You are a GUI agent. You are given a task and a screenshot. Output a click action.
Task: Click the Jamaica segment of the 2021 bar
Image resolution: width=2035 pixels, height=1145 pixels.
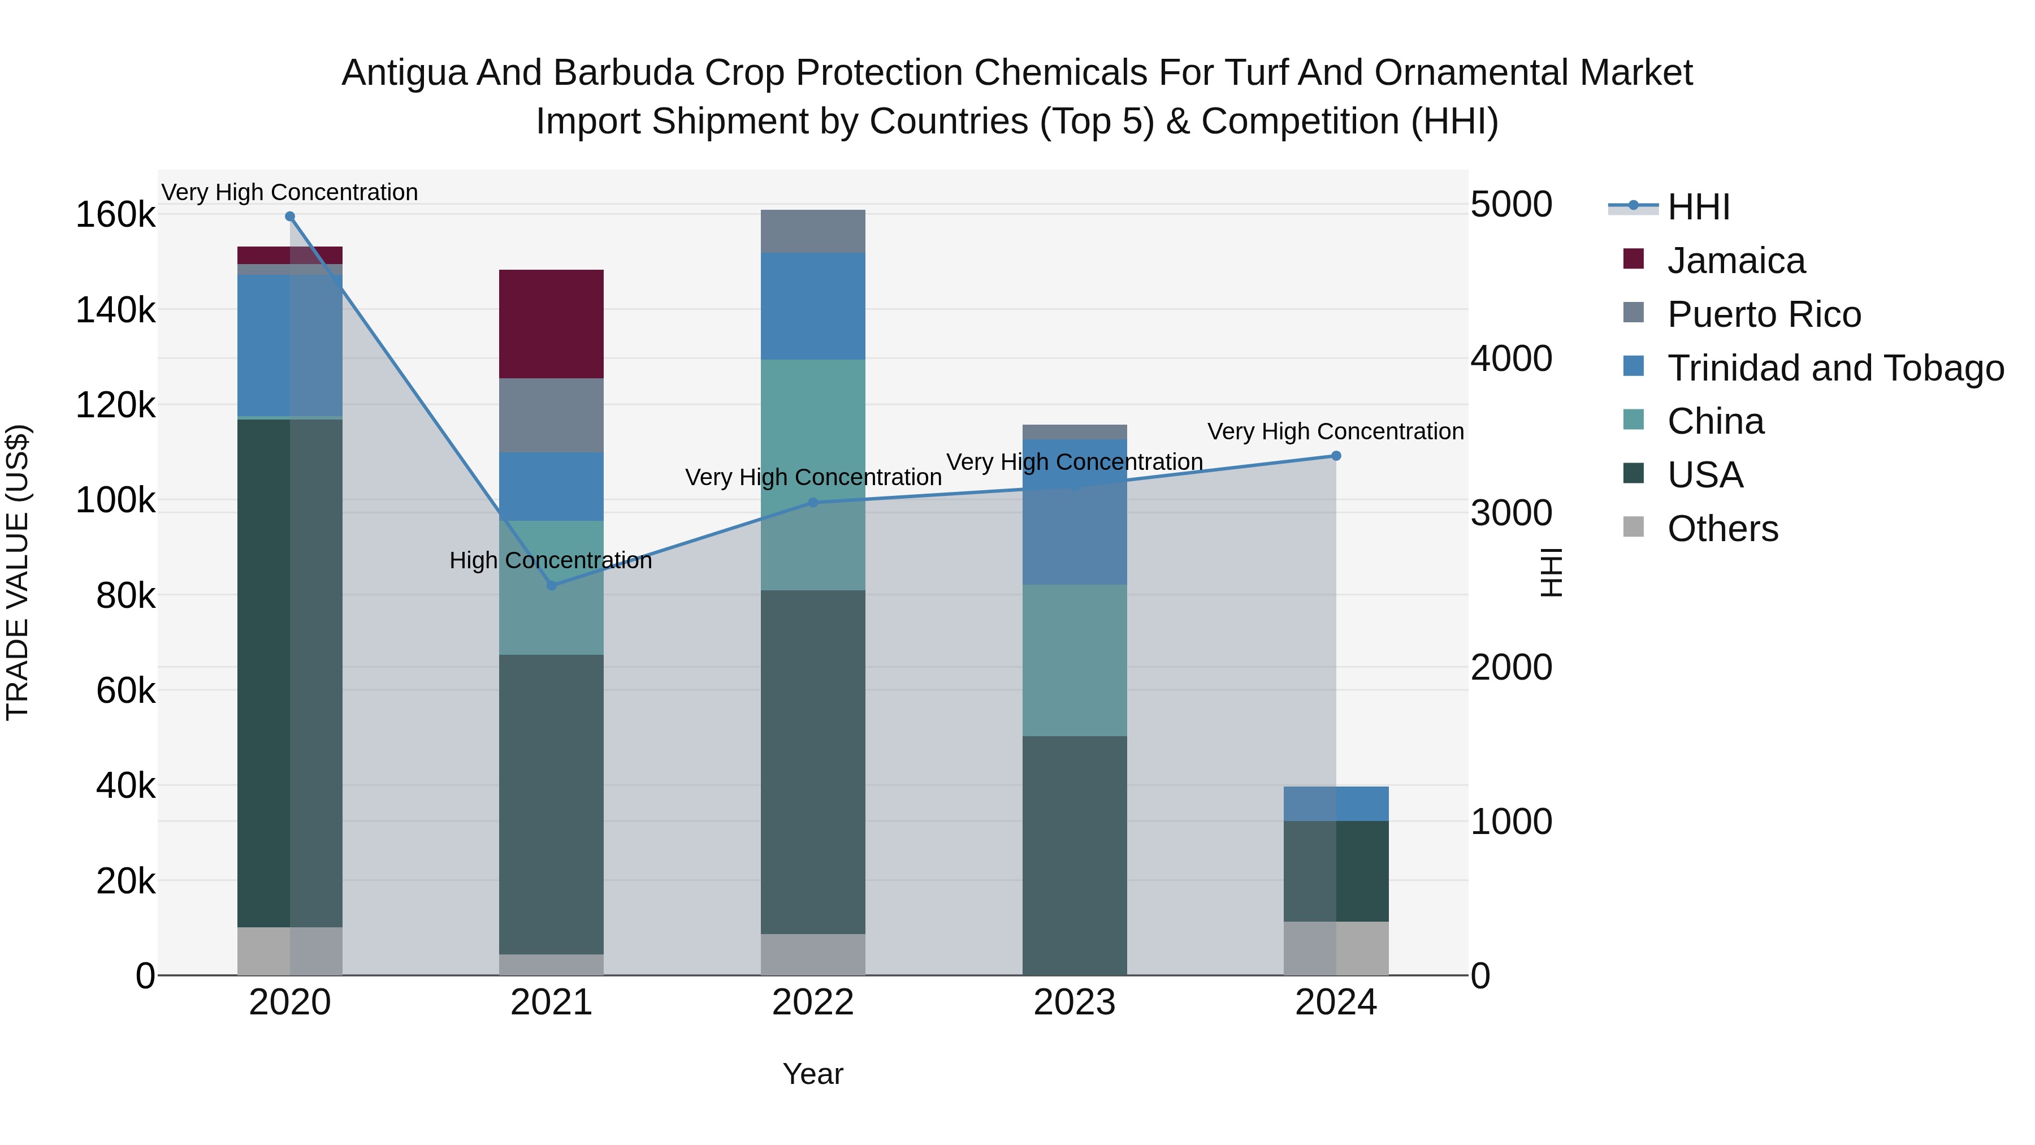coord(551,323)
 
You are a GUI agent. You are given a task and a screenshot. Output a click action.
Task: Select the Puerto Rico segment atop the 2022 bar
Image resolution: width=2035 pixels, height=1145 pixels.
coord(812,231)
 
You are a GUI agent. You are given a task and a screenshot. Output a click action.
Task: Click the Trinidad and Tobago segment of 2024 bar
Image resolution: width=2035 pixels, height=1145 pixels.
coord(1335,803)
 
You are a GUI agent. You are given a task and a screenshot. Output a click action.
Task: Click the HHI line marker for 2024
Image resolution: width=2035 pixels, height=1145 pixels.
coord(1335,455)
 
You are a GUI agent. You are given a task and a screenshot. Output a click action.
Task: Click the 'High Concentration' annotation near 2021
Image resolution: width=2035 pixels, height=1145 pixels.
coord(551,560)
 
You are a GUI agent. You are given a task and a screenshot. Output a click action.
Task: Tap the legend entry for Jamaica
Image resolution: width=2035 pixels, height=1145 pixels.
coord(1735,261)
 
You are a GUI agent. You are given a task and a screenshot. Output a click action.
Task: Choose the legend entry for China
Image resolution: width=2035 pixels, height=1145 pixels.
coord(1714,421)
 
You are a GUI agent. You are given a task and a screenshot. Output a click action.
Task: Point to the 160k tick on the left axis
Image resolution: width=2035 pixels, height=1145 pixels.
coord(115,215)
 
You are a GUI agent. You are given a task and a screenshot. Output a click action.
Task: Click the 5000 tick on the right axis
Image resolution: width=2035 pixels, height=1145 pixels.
coord(1510,205)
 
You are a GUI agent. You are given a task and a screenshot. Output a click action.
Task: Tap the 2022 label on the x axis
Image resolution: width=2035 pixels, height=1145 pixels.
coord(812,1002)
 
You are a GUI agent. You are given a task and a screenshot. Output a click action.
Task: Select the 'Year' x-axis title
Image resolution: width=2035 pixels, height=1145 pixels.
coord(812,1074)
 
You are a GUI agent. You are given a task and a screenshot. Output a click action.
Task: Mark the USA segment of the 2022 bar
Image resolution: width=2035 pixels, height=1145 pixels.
coord(812,761)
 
